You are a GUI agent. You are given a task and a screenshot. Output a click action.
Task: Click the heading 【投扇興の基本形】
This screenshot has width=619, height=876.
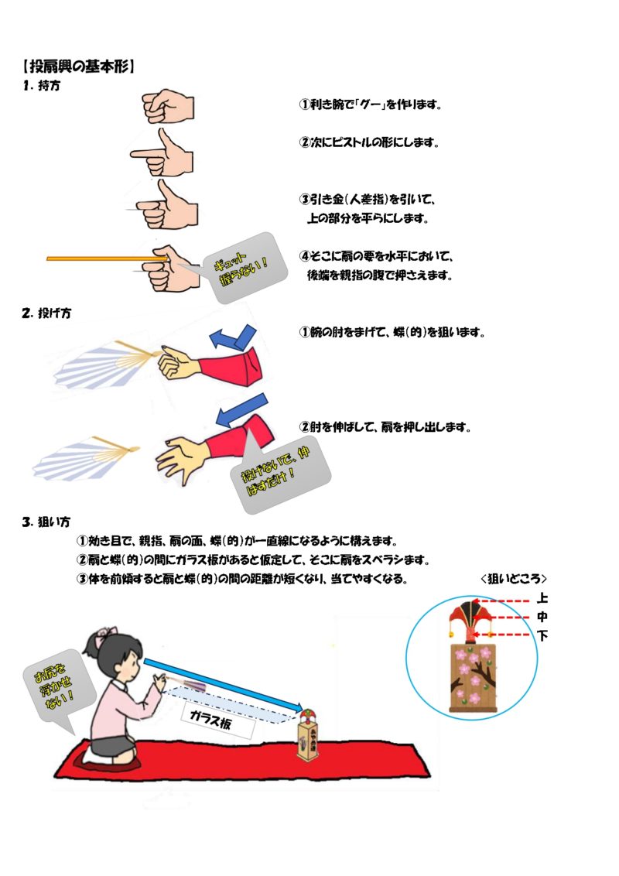[x=79, y=67]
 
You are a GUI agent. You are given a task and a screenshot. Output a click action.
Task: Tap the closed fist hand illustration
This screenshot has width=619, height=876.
[x=168, y=105]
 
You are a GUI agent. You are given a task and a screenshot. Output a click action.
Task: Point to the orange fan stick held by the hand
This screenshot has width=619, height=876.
[x=107, y=258]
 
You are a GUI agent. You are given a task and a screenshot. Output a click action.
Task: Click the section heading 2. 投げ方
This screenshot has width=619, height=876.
[x=47, y=313]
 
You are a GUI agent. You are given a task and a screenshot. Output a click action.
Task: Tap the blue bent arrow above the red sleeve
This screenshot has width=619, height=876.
[x=233, y=337]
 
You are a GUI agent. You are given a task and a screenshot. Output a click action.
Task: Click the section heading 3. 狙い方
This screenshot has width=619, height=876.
[x=46, y=522]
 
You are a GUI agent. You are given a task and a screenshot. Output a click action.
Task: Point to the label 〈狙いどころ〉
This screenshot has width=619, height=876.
[x=513, y=579]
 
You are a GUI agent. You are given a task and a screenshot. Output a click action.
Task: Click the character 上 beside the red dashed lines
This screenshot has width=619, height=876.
[x=542, y=598]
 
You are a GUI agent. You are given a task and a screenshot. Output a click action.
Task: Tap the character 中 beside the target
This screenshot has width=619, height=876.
[x=542, y=617]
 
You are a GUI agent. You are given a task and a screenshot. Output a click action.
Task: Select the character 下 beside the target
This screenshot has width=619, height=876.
[x=542, y=635]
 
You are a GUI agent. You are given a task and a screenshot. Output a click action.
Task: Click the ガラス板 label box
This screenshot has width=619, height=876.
[x=218, y=720]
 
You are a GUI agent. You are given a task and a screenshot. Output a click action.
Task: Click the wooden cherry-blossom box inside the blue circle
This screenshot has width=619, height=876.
[x=474, y=677]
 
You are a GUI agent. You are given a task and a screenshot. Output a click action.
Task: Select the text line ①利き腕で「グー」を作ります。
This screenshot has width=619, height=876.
[x=371, y=104]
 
